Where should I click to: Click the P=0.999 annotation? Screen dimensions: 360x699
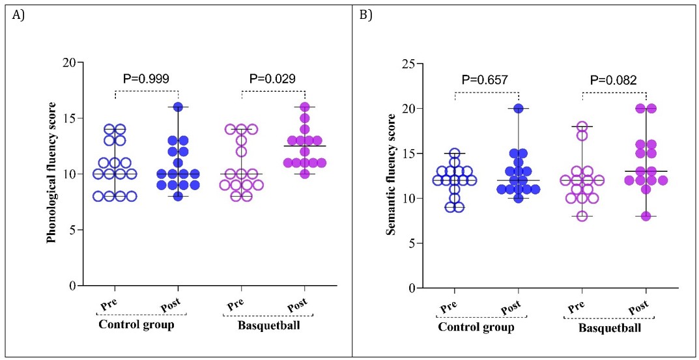pyautogui.click(x=147, y=79)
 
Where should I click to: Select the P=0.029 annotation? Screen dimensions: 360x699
pyautogui.click(x=273, y=79)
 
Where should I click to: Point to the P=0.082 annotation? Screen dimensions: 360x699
pyautogui.click(x=613, y=80)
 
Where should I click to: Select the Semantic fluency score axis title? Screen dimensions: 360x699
pyautogui.click(x=391, y=174)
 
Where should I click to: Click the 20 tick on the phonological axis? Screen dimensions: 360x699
pyautogui.click(x=69, y=62)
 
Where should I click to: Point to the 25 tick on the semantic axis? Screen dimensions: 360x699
pyautogui.click(x=410, y=64)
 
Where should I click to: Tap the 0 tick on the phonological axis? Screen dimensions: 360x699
pyautogui.click(x=73, y=286)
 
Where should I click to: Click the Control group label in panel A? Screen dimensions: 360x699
pyautogui.click(x=136, y=324)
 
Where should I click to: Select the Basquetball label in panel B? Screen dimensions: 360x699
pyautogui.click(x=606, y=327)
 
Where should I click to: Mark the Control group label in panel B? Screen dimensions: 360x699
pyautogui.click(x=476, y=327)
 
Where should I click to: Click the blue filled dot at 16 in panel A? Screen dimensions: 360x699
pyautogui.click(x=178, y=107)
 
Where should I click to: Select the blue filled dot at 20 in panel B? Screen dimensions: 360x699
pyautogui.click(x=519, y=108)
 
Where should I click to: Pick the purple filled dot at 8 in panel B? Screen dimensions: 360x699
pyautogui.click(x=646, y=216)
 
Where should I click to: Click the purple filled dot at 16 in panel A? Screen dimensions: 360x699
pyautogui.click(x=304, y=107)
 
